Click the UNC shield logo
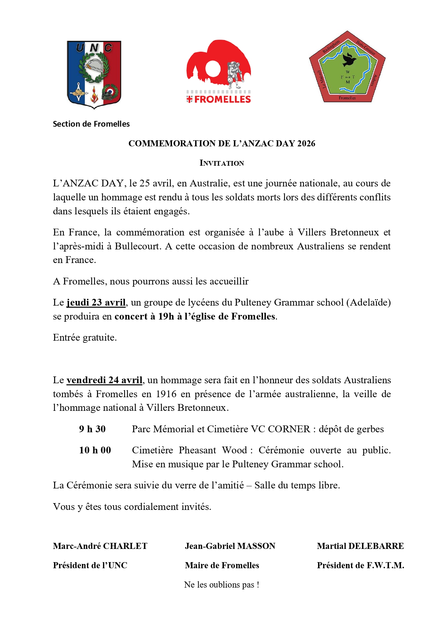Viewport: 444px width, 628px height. point(94,74)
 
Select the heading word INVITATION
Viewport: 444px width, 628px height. point(222,163)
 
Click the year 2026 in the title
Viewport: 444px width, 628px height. point(306,143)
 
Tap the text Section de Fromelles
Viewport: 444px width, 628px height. point(91,124)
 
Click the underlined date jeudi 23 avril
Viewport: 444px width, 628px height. point(96,302)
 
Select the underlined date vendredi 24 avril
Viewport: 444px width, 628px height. point(104,380)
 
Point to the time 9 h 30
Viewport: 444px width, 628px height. point(92,429)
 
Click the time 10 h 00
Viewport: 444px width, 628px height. point(95,450)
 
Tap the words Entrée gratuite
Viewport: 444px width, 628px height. point(85,337)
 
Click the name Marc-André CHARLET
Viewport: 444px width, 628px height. point(100,546)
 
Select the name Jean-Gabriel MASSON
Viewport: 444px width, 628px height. point(230,546)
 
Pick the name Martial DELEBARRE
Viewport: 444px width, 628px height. point(360,546)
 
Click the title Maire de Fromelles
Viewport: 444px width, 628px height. point(222,565)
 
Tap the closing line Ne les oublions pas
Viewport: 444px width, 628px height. point(221,585)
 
